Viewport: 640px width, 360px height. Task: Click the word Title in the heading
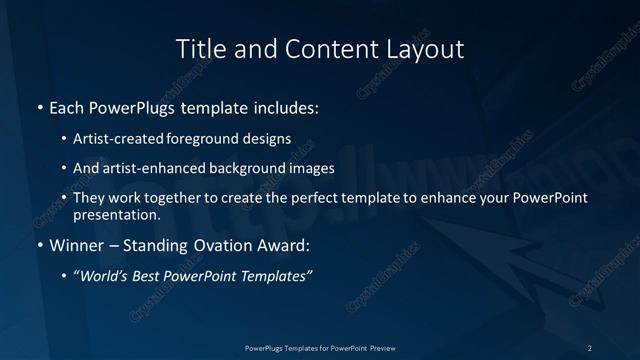pyautogui.click(x=198, y=48)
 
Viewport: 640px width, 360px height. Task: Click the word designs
pyautogui.click(x=269, y=139)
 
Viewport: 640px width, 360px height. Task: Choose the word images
pyautogui.click(x=307, y=169)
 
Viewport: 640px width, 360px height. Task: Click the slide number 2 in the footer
pyautogui.click(x=590, y=347)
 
